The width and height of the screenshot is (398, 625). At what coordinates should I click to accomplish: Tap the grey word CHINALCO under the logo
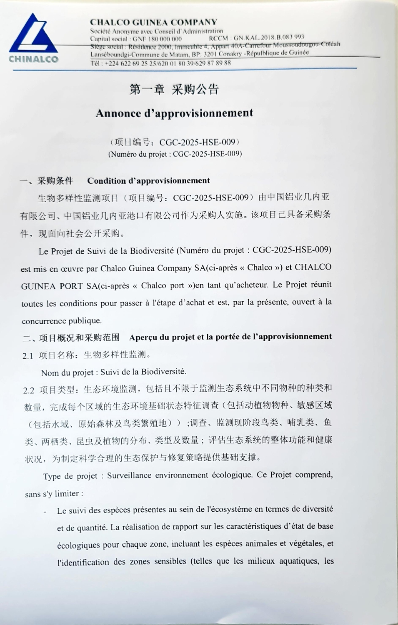(33, 59)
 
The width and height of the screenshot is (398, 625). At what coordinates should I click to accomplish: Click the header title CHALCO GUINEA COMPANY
(153, 22)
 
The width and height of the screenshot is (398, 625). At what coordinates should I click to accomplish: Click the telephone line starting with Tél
(160, 63)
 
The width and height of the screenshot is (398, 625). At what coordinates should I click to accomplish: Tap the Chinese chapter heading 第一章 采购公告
(174, 89)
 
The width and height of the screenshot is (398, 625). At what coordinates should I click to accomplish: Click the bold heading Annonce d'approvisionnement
(174, 113)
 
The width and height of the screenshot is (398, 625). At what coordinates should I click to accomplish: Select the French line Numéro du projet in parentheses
(175, 154)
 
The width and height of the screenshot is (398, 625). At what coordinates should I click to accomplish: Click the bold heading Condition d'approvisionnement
(148, 181)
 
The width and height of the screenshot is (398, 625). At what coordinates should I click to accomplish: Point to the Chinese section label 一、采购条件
(46, 181)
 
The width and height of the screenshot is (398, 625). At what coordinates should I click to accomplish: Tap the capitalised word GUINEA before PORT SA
(38, 286)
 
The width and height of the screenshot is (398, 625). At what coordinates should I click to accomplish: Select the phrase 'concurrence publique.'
(62, 321)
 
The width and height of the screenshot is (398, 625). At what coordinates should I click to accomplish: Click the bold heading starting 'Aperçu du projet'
(230, 337)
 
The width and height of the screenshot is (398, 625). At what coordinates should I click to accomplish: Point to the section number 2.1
(28, 355)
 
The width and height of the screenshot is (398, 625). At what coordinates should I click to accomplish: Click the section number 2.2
(29, 390)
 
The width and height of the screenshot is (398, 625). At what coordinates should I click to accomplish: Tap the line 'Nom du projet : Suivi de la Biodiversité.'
(113, 372)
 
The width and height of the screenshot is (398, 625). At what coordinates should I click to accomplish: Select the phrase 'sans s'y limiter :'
(54, 494)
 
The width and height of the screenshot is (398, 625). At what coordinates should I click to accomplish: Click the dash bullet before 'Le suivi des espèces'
(45, 512)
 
